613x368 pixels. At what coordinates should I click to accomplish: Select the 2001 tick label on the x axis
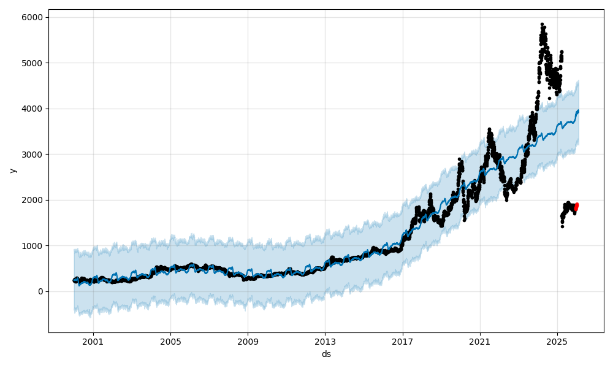93,340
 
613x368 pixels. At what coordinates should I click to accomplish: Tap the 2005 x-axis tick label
170,340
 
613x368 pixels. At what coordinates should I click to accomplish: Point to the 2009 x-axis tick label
248,340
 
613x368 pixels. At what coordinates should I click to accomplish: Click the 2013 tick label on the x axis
326,340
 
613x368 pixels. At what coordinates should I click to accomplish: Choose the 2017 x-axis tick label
403,340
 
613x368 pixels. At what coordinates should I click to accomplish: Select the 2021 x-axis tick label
480,340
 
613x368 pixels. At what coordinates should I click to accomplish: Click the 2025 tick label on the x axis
557,340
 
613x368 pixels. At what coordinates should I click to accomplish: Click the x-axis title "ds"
326,354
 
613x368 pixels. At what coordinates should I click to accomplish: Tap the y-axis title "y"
12,171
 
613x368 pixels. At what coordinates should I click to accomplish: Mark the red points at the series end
576,207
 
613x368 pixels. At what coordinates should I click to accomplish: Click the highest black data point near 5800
542,25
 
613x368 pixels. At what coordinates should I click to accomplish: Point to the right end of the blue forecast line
578,111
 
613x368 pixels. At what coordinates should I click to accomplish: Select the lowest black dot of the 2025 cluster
562,226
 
